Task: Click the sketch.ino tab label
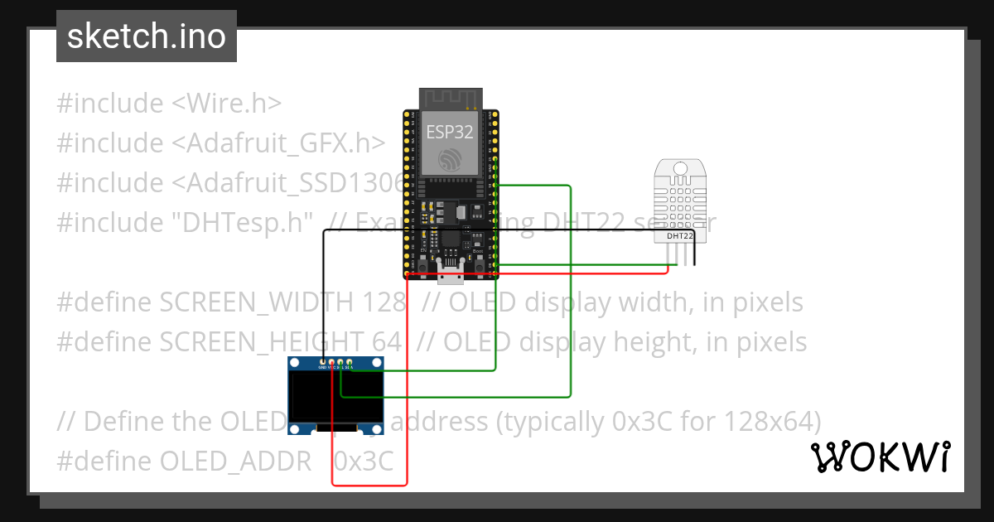point(146,36)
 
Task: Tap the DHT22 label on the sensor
point(680,236)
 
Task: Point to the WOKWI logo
point(881,457)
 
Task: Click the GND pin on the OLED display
point(322,363)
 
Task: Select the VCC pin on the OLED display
point(331,363)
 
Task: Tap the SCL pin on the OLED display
point(340,363)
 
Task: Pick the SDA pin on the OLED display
point(350,363)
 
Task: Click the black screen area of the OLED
point(336,397)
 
